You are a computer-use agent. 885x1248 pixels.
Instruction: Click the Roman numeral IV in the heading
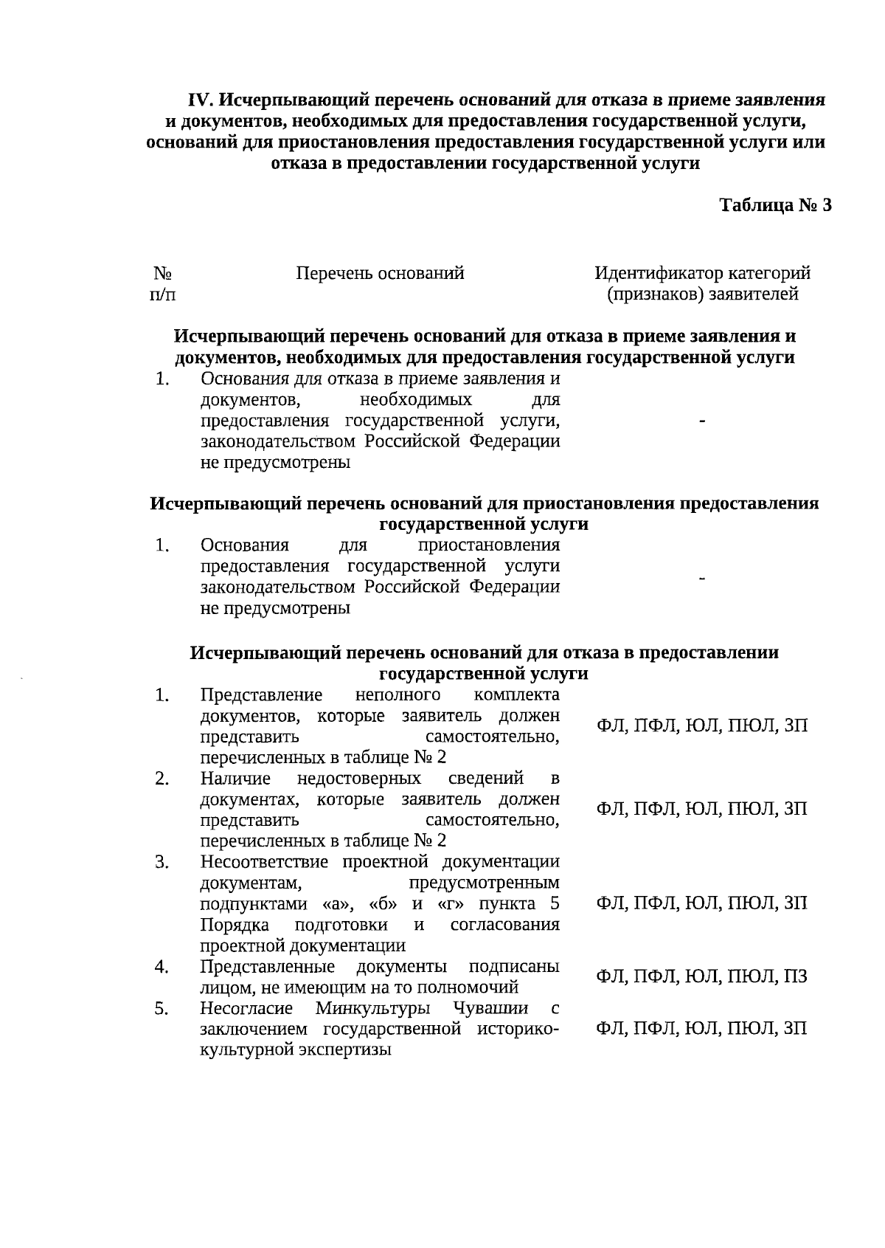201,100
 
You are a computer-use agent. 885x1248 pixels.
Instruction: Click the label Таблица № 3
775,205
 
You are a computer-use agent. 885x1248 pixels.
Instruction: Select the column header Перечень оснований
380,274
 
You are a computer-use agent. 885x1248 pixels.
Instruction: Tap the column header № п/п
163,284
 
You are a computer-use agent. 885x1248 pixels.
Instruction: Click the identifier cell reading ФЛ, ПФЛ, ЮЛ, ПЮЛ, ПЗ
701,976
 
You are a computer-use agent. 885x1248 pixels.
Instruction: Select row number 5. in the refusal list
162,1008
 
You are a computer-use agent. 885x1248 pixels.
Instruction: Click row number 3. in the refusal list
162,862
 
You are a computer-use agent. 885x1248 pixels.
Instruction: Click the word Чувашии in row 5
490,1008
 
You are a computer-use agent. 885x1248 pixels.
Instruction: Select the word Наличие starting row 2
235,779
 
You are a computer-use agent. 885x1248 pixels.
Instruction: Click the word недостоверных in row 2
358,779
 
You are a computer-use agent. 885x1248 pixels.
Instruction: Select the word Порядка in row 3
234,925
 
